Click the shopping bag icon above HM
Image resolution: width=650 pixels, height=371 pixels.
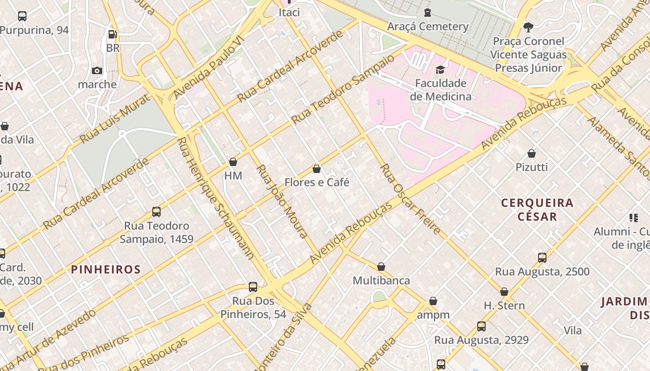click(233, 162)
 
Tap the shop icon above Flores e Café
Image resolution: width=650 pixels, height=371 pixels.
click(317, 169)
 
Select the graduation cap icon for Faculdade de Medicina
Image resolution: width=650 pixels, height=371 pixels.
click(440, 70)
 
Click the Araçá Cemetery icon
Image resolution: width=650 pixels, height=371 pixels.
click(427, 13)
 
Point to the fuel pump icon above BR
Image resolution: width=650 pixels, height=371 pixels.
click(112, 34)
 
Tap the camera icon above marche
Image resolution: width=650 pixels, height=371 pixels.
click(97, 70)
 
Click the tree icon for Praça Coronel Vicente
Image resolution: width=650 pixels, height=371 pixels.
click(528, 27)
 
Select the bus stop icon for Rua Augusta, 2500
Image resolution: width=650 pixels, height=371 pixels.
click(542, 258)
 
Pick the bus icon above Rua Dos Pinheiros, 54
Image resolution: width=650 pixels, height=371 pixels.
click(253, 287)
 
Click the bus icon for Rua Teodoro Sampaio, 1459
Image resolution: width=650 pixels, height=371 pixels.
click(156, 212)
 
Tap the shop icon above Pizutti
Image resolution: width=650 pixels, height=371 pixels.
click(532, 154)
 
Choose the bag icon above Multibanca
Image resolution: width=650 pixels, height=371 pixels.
click(381, 267)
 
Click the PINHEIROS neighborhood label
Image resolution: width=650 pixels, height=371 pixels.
click(106, 269)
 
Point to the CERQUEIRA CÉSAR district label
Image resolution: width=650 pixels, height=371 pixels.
click(537, 210)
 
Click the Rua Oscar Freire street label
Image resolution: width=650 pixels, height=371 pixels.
click(410, 198)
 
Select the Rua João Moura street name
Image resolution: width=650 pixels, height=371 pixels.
click(282, 201)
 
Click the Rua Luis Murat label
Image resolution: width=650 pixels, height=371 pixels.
click(115, 119)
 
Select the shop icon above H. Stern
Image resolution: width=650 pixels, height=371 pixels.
click(504, 292)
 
